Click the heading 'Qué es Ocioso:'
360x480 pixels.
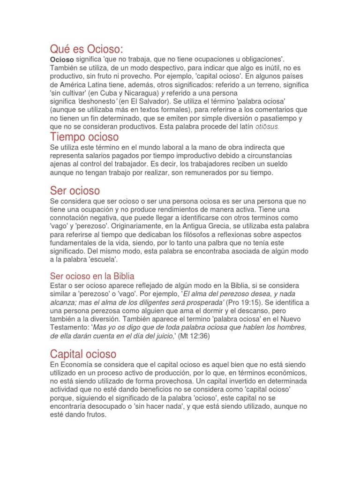point(86,49)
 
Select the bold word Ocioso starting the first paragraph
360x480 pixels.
point(62,60)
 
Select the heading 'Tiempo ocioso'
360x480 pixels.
point(84,137)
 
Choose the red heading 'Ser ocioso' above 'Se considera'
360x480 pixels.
point(75,190)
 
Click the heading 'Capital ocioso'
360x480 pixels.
point(83,354)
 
